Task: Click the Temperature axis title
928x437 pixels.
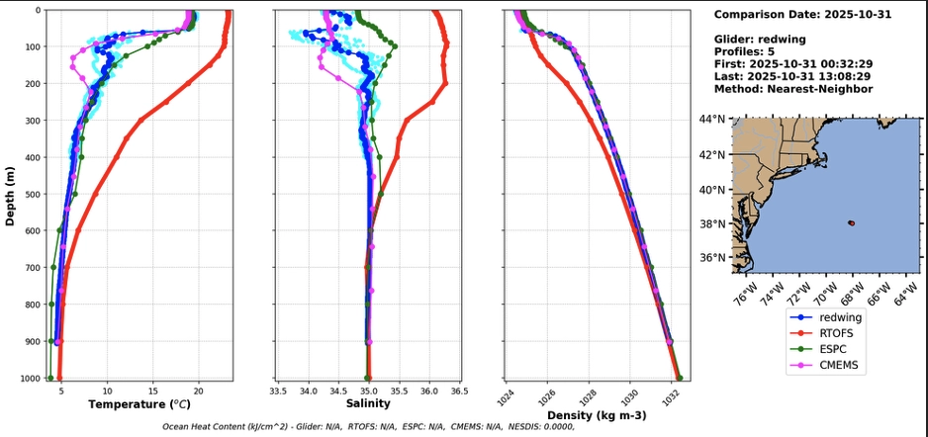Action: click(139, 404)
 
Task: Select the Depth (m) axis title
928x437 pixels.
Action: click(11, 195)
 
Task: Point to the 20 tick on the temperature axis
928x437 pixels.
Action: click(199, 390)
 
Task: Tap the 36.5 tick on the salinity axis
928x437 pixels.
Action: click(459, 390)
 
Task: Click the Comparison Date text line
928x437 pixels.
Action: click(796, 15)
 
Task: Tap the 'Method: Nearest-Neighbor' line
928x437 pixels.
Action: click(792, 89)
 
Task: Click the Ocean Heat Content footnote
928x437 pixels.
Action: click(368, 427)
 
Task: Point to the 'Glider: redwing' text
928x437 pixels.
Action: click(760, 40)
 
